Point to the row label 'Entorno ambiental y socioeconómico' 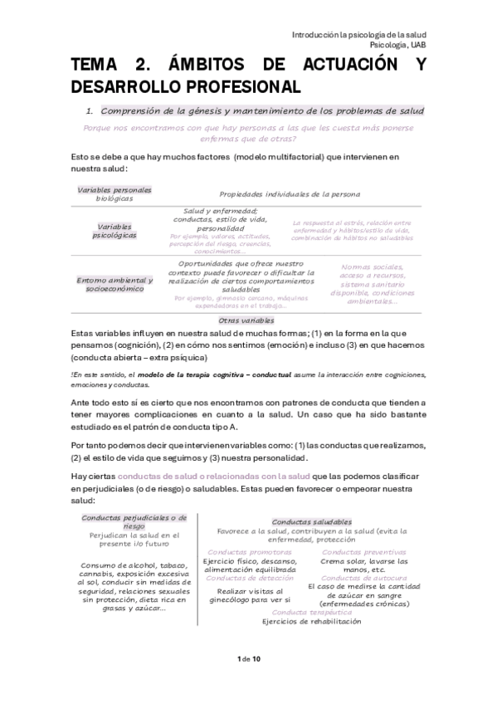click(115, 284)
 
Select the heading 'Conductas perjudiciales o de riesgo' click(134, 521)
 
